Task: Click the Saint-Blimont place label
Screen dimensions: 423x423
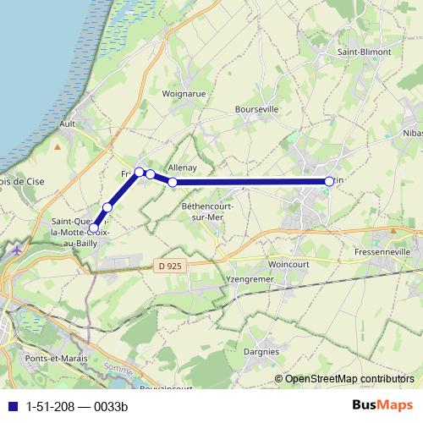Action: coord(365,52)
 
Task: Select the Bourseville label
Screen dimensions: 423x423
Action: coord(258,110)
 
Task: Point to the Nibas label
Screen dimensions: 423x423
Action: coord(413,134)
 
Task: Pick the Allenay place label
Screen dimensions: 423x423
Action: coord(182,168)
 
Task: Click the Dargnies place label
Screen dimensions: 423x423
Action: coord(261,351)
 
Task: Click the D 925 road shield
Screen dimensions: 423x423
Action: coord(170,266)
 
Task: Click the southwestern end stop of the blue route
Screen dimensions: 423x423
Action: coord(93,227)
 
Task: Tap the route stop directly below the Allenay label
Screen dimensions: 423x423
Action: coord(173,182)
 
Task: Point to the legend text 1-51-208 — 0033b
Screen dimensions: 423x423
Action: coord(76,406)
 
